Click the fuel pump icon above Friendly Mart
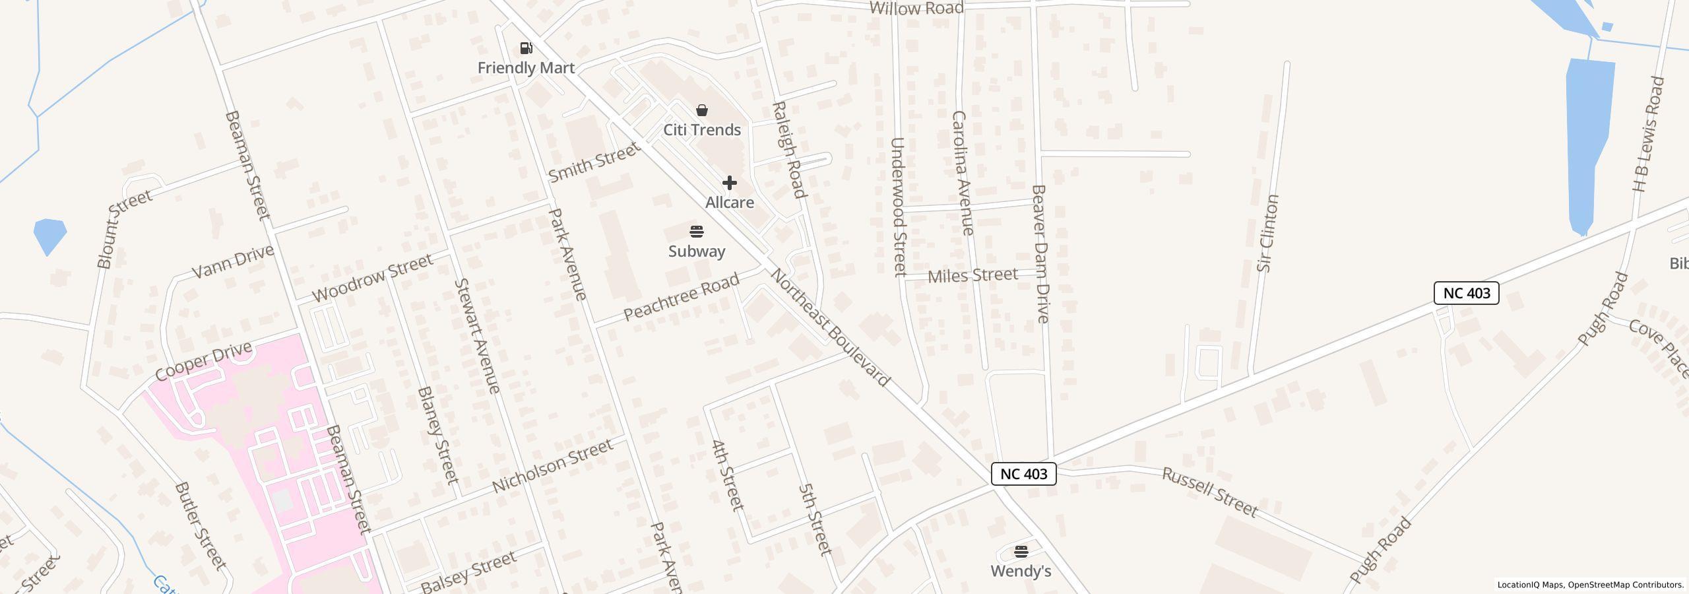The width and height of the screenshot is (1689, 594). click(526, 48)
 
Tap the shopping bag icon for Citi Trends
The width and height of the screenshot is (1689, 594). click(702, 110)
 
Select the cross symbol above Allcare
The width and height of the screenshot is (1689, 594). click(729, 183)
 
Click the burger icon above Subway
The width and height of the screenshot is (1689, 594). click(697, 232)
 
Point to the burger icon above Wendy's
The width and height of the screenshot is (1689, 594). click(1021, 552)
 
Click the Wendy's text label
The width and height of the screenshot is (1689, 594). click(1021, 571)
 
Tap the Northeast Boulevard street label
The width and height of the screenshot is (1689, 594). click(830, 327)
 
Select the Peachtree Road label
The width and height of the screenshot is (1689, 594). click(681, 298)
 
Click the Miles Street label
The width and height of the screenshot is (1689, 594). click(972, 275)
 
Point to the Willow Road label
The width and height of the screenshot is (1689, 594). click(916, 8)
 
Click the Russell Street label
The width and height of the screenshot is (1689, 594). click(1209, 492)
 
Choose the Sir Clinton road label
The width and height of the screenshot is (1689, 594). click(1268, 233)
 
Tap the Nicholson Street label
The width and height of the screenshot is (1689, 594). click(553, 467)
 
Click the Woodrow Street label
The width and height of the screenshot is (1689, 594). click(372, 278)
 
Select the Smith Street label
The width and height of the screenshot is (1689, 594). click(594, 163)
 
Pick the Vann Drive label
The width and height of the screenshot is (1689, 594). click(232, 262)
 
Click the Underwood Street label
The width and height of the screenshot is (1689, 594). click(899, 207)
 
